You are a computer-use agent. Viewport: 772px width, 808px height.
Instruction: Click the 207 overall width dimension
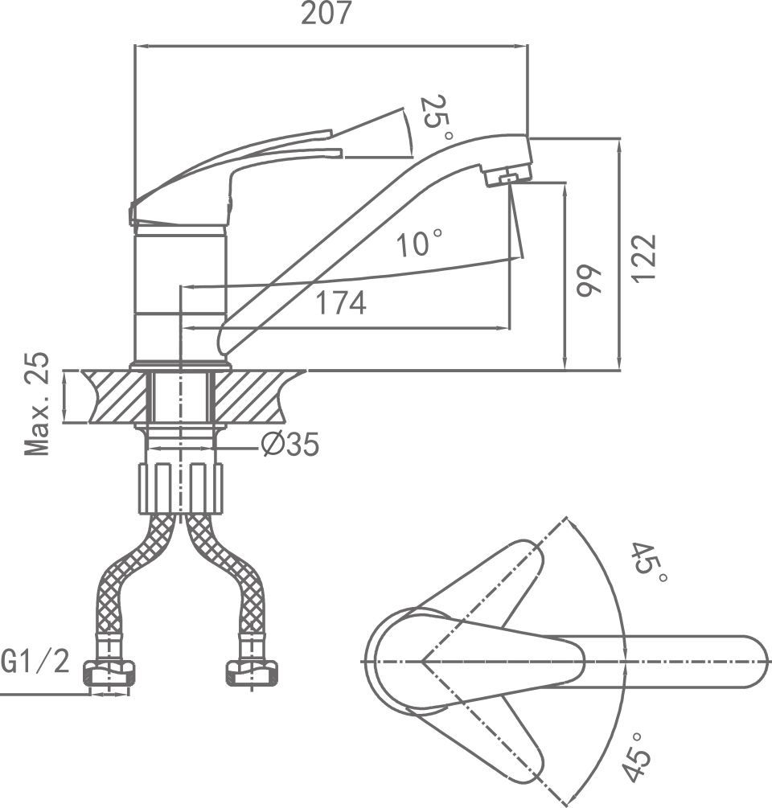[x=326, y=14]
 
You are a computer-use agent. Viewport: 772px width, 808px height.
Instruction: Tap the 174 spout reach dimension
[x=340, y=304]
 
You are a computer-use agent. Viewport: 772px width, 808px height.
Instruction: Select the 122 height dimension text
[x=644, y=258]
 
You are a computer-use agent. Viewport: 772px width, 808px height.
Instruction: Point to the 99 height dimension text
[x=589, y=281]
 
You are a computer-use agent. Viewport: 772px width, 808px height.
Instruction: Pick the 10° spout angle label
[x=419, y=243]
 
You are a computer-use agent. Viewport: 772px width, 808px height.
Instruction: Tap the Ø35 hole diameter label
[x=290, y=444]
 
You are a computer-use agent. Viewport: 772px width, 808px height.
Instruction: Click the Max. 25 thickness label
[x=37, y=404]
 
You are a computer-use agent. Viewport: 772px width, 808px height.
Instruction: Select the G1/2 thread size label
[x=35, y=662]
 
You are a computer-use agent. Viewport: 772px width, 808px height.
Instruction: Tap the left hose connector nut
[x=109, y=674]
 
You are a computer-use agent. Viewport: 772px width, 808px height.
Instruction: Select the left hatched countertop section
[x=114, y=396]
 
